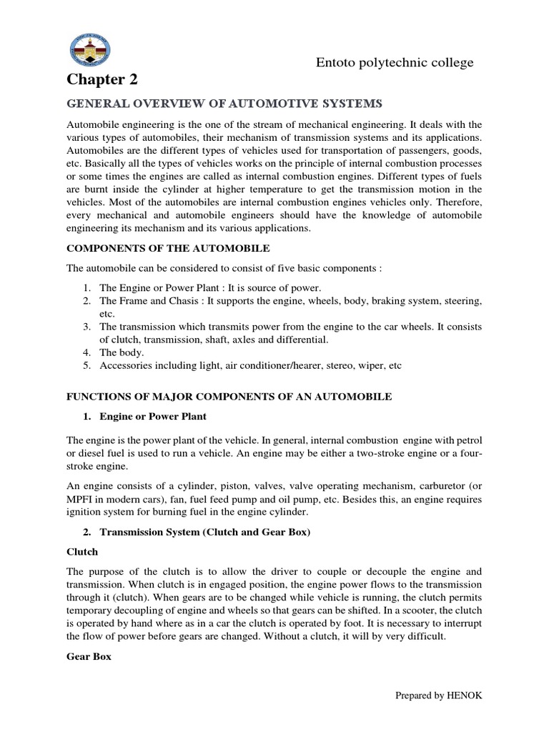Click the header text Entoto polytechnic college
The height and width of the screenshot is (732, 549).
[395, 63]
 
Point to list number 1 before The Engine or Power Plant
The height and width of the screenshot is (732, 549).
[86, 287]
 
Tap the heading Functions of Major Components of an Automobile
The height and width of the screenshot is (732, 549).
[229, 396]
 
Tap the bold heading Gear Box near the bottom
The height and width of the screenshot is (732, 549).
[89, 656]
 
